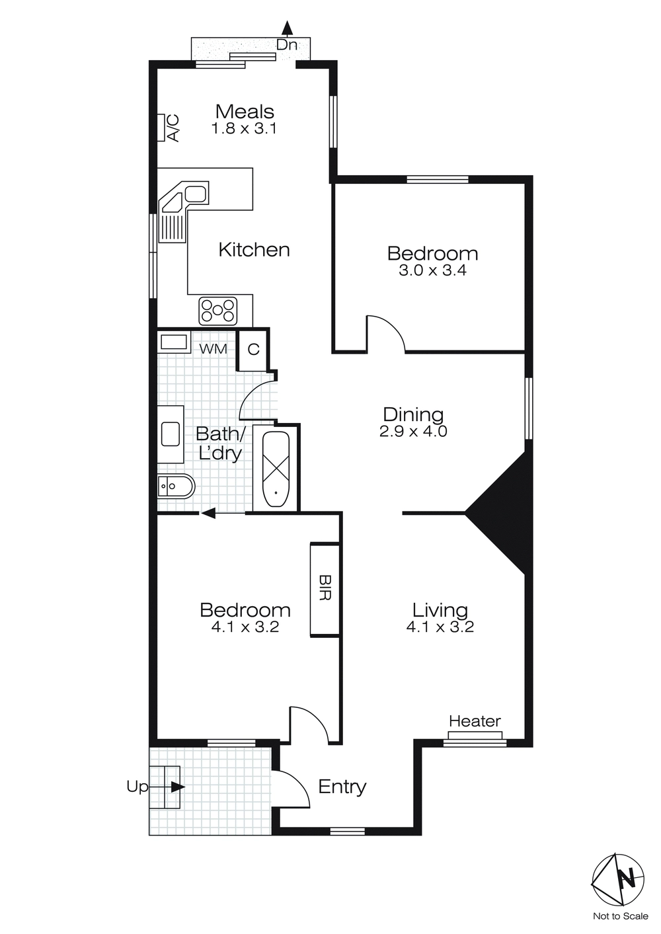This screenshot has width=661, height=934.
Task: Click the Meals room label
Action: coord(245,111)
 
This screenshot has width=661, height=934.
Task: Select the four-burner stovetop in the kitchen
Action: coord(218,311)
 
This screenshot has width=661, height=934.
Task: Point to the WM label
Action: coord(212,348)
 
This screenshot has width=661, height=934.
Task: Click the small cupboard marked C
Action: coord(253,349)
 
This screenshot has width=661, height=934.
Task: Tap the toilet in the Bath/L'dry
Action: coord(175,488)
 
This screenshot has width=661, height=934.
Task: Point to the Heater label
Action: coord(475,721)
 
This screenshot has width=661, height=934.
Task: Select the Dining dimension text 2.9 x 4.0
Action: coord(414,432)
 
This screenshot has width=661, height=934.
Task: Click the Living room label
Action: coord(440,610)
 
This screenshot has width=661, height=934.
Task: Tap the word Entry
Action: coord(342,787)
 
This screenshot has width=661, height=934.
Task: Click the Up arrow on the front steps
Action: coord(176,787)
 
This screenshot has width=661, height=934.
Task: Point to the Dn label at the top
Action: coord(286,45)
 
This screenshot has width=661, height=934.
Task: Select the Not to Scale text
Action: coord(620,916)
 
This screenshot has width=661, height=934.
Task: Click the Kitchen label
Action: coord(254,250)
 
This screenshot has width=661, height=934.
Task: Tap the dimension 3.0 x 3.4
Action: coord(432,270)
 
